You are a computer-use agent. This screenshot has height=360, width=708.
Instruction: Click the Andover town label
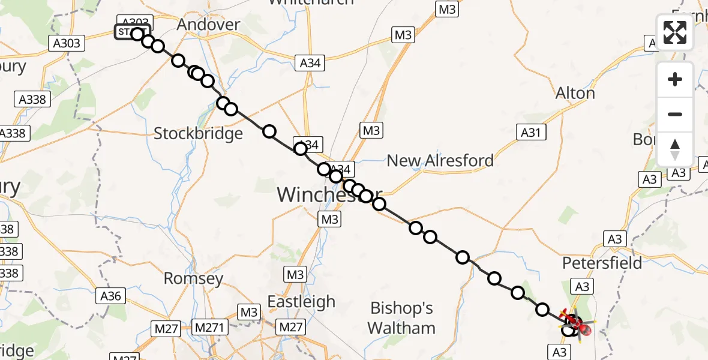pos(209,25)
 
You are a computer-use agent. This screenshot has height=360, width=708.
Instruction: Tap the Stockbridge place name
pos(198,133)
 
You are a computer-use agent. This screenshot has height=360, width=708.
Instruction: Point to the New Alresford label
pos(440,161)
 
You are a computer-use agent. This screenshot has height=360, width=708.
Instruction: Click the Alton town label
pos(575,94)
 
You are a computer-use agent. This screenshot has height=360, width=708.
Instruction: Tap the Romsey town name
pos(193,279)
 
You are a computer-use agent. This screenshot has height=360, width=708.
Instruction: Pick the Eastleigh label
pos(301,301)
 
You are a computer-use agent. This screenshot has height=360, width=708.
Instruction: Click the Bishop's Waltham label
pos(401,318)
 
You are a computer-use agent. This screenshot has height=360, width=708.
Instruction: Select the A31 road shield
pos(532,132)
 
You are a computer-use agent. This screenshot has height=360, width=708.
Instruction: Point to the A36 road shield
pos(111,296)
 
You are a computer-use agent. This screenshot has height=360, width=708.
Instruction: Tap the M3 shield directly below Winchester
pos(329,219)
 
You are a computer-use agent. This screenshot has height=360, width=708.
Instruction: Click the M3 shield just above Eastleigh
pos(295,275)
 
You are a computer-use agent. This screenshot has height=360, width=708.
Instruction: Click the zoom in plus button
pos(675,79)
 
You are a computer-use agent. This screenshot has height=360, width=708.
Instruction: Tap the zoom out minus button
pos(675,114)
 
